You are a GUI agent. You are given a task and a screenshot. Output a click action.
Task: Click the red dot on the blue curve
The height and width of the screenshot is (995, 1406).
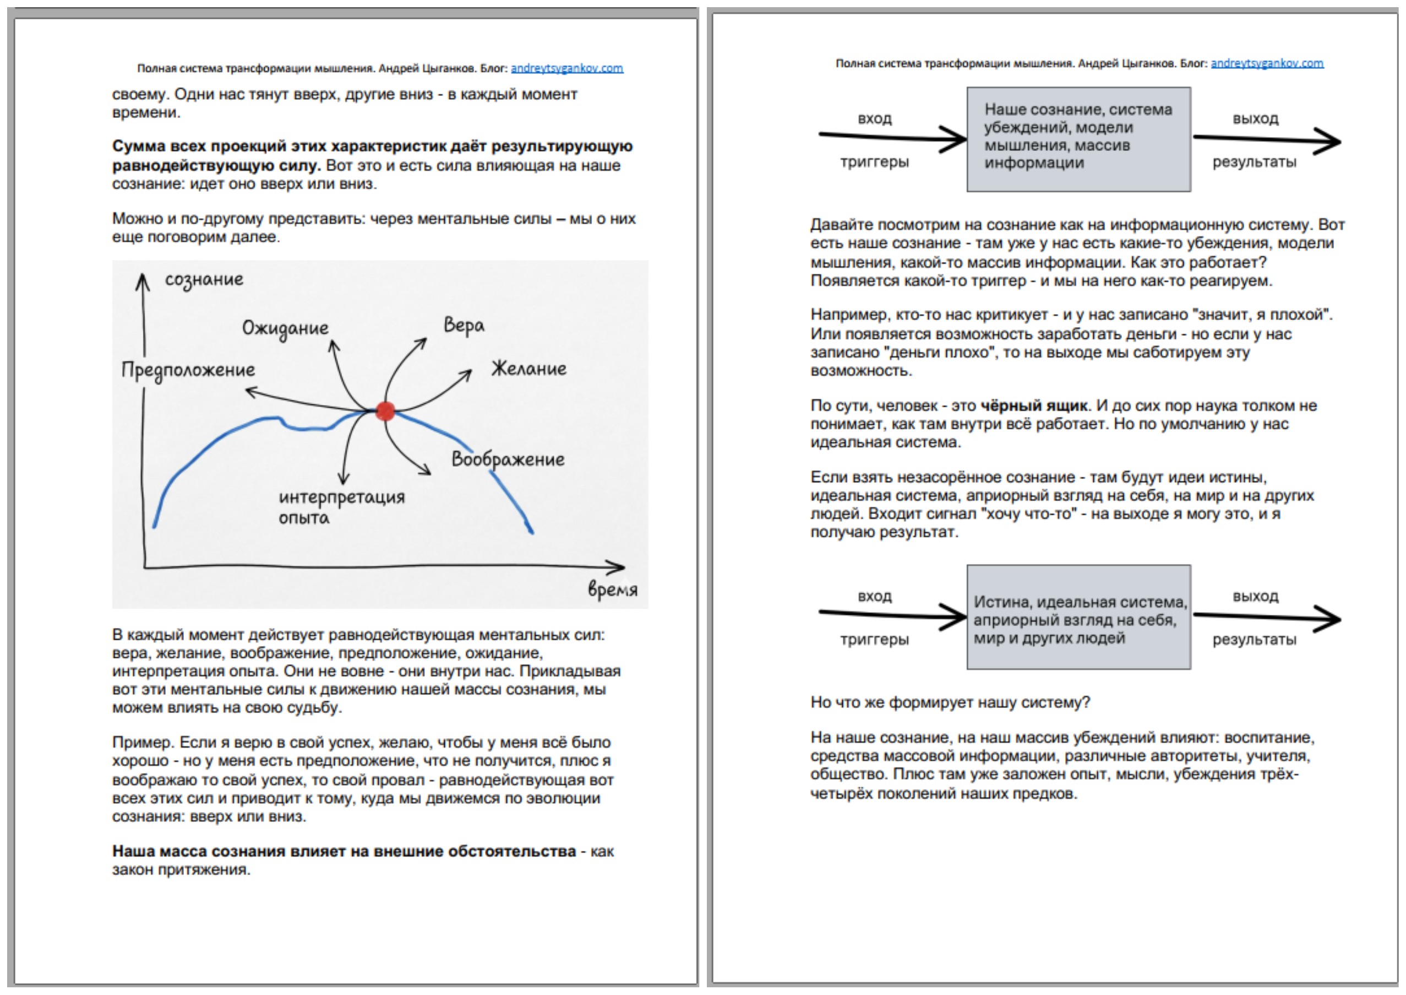pos(385,410)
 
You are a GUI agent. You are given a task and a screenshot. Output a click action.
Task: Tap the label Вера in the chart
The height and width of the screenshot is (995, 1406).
pos(464,326)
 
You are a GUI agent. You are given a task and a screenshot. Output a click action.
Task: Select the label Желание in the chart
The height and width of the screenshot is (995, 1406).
pos(528,369)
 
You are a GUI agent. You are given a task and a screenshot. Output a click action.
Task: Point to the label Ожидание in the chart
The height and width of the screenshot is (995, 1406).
pos(285,328)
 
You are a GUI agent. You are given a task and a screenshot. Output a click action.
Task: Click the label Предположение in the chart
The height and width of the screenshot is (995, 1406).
pos(188,370)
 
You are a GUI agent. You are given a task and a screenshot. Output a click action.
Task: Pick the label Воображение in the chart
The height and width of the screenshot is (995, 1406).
pos(508,459)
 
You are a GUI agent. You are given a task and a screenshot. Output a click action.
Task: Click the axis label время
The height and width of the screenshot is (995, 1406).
pos(612,590)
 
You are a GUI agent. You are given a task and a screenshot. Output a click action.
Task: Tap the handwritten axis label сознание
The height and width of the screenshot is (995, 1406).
pos(204,280)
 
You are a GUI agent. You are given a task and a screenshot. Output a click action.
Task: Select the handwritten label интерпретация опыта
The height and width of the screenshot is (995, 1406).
pos(341,507)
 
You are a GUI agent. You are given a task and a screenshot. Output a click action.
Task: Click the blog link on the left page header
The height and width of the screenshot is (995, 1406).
pos(566,68)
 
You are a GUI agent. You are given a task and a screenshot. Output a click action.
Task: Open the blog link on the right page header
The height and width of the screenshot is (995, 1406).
pos(1267,63)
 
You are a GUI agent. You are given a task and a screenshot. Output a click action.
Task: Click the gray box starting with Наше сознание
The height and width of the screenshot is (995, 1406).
pos(1078,139)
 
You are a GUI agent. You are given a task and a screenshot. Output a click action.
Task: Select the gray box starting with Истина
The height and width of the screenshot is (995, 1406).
pos(1078,617)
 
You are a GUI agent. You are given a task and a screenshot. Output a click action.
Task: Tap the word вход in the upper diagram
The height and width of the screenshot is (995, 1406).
pos(874,118)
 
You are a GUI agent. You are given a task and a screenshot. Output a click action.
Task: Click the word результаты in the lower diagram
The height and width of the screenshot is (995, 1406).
pos(1254,640)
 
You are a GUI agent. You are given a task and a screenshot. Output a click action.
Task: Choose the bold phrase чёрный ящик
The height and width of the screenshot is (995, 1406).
pos(1034,405)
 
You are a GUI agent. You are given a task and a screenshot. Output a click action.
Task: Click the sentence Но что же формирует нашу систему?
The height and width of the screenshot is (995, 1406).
pos(950,702)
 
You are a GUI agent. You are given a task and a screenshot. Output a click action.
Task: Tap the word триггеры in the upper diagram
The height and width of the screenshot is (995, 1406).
pos(874,163)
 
